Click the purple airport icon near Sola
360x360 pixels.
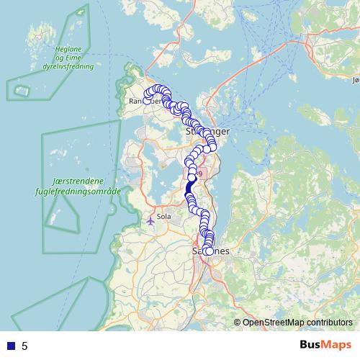(x=150, y=220)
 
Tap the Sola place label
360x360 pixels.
(x=163, y=215)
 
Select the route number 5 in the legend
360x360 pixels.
(x=24, y=346)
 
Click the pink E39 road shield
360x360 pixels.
(x=199, y=174)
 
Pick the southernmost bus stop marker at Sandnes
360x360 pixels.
(x=208, y=251)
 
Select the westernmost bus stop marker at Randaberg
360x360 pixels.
(x=147, y=100)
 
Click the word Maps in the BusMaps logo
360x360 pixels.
(x=335, y=345)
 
